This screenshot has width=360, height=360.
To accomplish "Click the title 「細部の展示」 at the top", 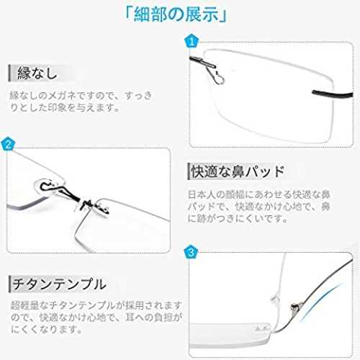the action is pos(176,15).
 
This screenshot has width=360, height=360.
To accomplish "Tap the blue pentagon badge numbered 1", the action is pos(192,42).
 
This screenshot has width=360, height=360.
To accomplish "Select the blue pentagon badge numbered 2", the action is pos(8,144).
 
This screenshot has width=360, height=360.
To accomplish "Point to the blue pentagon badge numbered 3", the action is pos(191,252).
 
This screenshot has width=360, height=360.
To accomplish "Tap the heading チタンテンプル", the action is pos(59,284).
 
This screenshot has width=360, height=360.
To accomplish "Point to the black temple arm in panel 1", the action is pos(333,94).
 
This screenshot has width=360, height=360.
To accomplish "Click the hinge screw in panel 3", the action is pos(294,307).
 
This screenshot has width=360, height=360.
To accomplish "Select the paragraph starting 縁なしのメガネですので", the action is pos(81,102).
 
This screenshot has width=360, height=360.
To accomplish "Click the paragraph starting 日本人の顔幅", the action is pos(259,206).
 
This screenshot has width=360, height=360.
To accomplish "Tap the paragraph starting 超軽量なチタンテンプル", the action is pos(96,318).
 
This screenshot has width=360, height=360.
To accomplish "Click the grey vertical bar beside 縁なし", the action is pos(9,73).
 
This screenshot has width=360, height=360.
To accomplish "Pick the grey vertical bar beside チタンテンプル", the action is pos(10,284).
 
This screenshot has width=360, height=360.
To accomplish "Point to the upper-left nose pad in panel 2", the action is pos(48,186).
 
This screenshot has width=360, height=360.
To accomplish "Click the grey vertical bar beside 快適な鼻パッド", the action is pos(189,171).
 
